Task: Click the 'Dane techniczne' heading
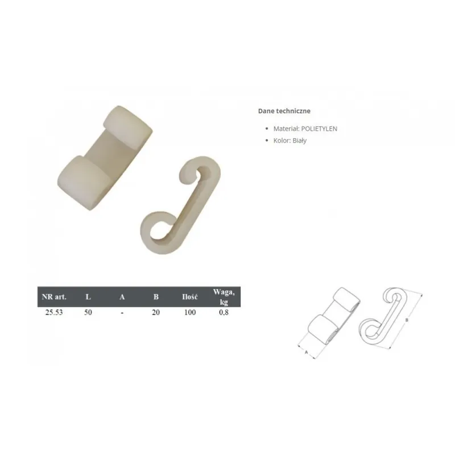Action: (284, 111)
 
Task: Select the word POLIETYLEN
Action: (319, 129)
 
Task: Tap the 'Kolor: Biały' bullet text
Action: (290, 140)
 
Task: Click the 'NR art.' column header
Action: (54, 297)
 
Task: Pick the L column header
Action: (88, 297)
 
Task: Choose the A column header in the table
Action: (122, 297)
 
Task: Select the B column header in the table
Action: (156, 297)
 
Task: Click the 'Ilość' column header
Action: (190, 297)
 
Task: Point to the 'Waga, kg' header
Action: (224, 297)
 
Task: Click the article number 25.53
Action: (54, 312)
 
